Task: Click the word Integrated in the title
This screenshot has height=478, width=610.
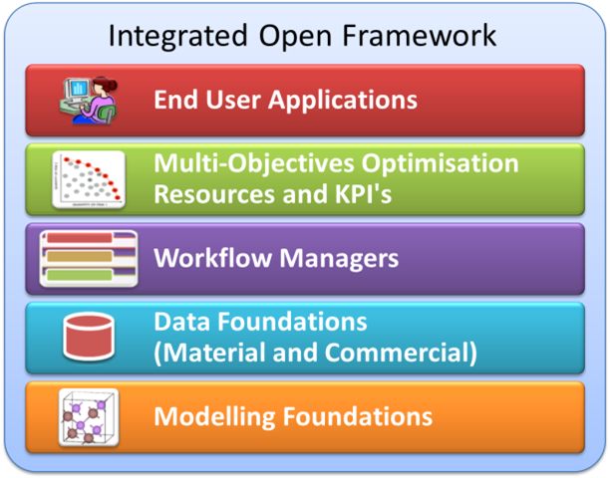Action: (177, 37)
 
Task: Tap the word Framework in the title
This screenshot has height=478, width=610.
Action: (420, 36)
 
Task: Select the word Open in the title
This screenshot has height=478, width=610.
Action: (295, 37)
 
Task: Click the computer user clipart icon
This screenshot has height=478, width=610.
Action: (89, 101)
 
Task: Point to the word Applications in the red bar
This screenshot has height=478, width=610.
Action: (343, 101)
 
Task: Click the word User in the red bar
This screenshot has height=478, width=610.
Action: (233, 100)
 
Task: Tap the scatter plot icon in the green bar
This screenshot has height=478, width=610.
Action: (89, 179)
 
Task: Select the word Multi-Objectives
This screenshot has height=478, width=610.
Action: (254, 164)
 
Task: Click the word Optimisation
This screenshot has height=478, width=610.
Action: (440, 164)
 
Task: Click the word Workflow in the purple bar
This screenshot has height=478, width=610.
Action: (212, 258)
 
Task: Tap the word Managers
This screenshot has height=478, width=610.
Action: (339, 259)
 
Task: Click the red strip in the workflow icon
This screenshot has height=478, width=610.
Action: (80, 238)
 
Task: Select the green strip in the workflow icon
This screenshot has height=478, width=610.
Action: (80, 275)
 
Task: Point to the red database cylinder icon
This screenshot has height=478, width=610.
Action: (89, 337)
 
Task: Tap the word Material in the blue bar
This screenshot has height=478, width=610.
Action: (212, 353)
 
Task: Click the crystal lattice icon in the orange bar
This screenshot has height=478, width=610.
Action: (89, 417)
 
